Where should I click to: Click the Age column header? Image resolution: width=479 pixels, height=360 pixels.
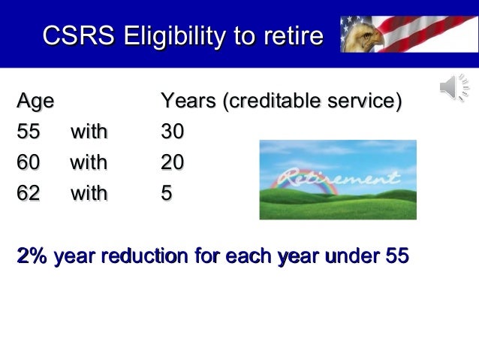(35, 101)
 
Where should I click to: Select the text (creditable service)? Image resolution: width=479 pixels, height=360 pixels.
(315, 101)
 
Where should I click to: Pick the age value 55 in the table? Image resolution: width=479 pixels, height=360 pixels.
(29, 132)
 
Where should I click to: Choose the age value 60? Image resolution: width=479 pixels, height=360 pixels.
(29, 162)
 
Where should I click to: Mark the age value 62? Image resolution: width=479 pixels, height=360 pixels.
(29, 193)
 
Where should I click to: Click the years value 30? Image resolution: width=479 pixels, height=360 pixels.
(173, 132)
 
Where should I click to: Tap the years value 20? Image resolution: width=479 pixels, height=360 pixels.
(173, 162)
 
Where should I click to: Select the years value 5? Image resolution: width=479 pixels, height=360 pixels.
(167, 193)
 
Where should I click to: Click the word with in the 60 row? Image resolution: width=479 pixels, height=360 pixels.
(89, 162)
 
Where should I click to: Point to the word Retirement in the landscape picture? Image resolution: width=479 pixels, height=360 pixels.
(337, 180)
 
